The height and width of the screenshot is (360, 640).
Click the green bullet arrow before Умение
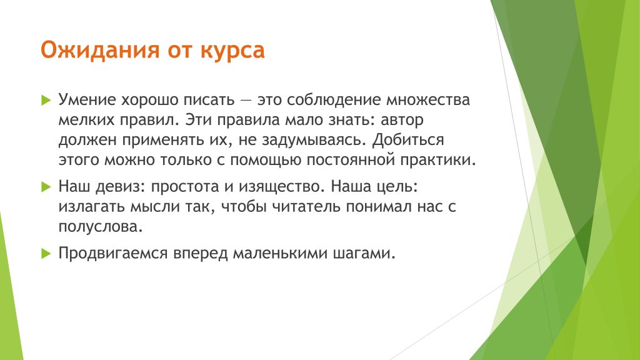(x=46, y=100)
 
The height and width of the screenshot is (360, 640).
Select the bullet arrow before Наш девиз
(x=46, y=187)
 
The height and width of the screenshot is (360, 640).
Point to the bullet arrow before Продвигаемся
(x=46, y=254)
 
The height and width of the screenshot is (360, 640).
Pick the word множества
(x=428, y=100)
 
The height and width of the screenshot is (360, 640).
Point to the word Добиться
(x=407, y=140)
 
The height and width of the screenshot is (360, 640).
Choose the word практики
(x=437, y=160)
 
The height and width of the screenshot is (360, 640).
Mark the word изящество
(x=281, y=187)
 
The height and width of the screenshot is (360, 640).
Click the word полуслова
(x=101, y=227)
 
